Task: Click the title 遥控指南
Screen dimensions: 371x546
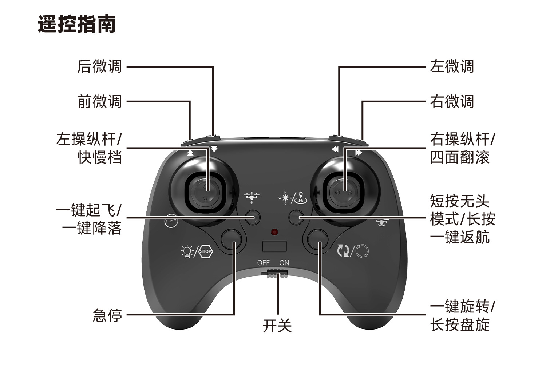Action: (77, 24)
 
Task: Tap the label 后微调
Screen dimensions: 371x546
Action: (99, 66)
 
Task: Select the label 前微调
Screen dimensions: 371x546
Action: (99, 102)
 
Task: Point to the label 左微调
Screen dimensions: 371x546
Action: (452, 66)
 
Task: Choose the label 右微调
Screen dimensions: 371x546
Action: (452, 102)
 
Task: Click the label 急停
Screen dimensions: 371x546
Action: (107, 315)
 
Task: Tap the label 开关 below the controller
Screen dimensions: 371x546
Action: (277, 326)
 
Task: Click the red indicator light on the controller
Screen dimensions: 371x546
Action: (274, 232)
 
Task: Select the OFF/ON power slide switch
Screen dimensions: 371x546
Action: (277, 273)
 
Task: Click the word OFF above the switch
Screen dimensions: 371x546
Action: (263, 262)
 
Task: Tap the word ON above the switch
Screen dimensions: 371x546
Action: (284, 262)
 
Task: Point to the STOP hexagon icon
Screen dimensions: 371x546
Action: (205, 251)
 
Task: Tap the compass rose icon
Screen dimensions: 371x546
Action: (285, 198)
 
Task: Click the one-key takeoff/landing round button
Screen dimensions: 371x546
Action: (253, 217)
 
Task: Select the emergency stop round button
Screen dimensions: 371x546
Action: (232, 239)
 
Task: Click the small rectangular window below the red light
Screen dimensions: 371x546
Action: (274, 246)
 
